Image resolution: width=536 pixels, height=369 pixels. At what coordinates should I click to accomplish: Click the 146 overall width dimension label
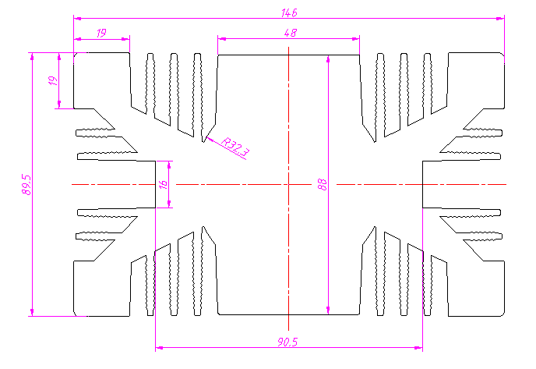[289, 13]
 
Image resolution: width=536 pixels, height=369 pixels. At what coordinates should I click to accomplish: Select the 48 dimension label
[291, 34]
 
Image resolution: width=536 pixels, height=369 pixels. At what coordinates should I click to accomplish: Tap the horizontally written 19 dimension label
[101, 34]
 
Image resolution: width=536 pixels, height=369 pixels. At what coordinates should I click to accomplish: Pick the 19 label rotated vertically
[53, 81]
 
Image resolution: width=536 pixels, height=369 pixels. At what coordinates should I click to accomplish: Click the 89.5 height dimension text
[26, 185]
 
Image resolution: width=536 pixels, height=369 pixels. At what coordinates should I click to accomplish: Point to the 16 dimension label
[164, 184]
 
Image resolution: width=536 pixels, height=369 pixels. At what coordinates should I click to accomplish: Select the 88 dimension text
[323, 184]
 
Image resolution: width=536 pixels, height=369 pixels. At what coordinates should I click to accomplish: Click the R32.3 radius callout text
[235, 147]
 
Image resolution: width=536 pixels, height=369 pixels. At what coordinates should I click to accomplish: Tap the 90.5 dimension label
[287, 342]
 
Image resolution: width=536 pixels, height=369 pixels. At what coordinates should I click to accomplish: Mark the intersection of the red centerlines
[289, 184]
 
